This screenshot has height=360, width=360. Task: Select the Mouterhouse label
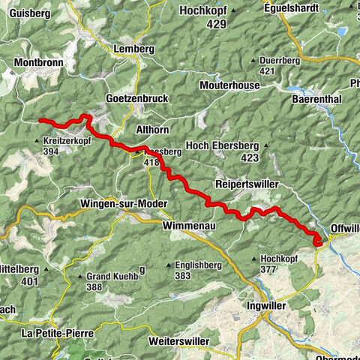[229, 85]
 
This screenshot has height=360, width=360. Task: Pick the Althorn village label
[152, 129]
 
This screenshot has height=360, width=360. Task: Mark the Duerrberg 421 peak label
[274, 65]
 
